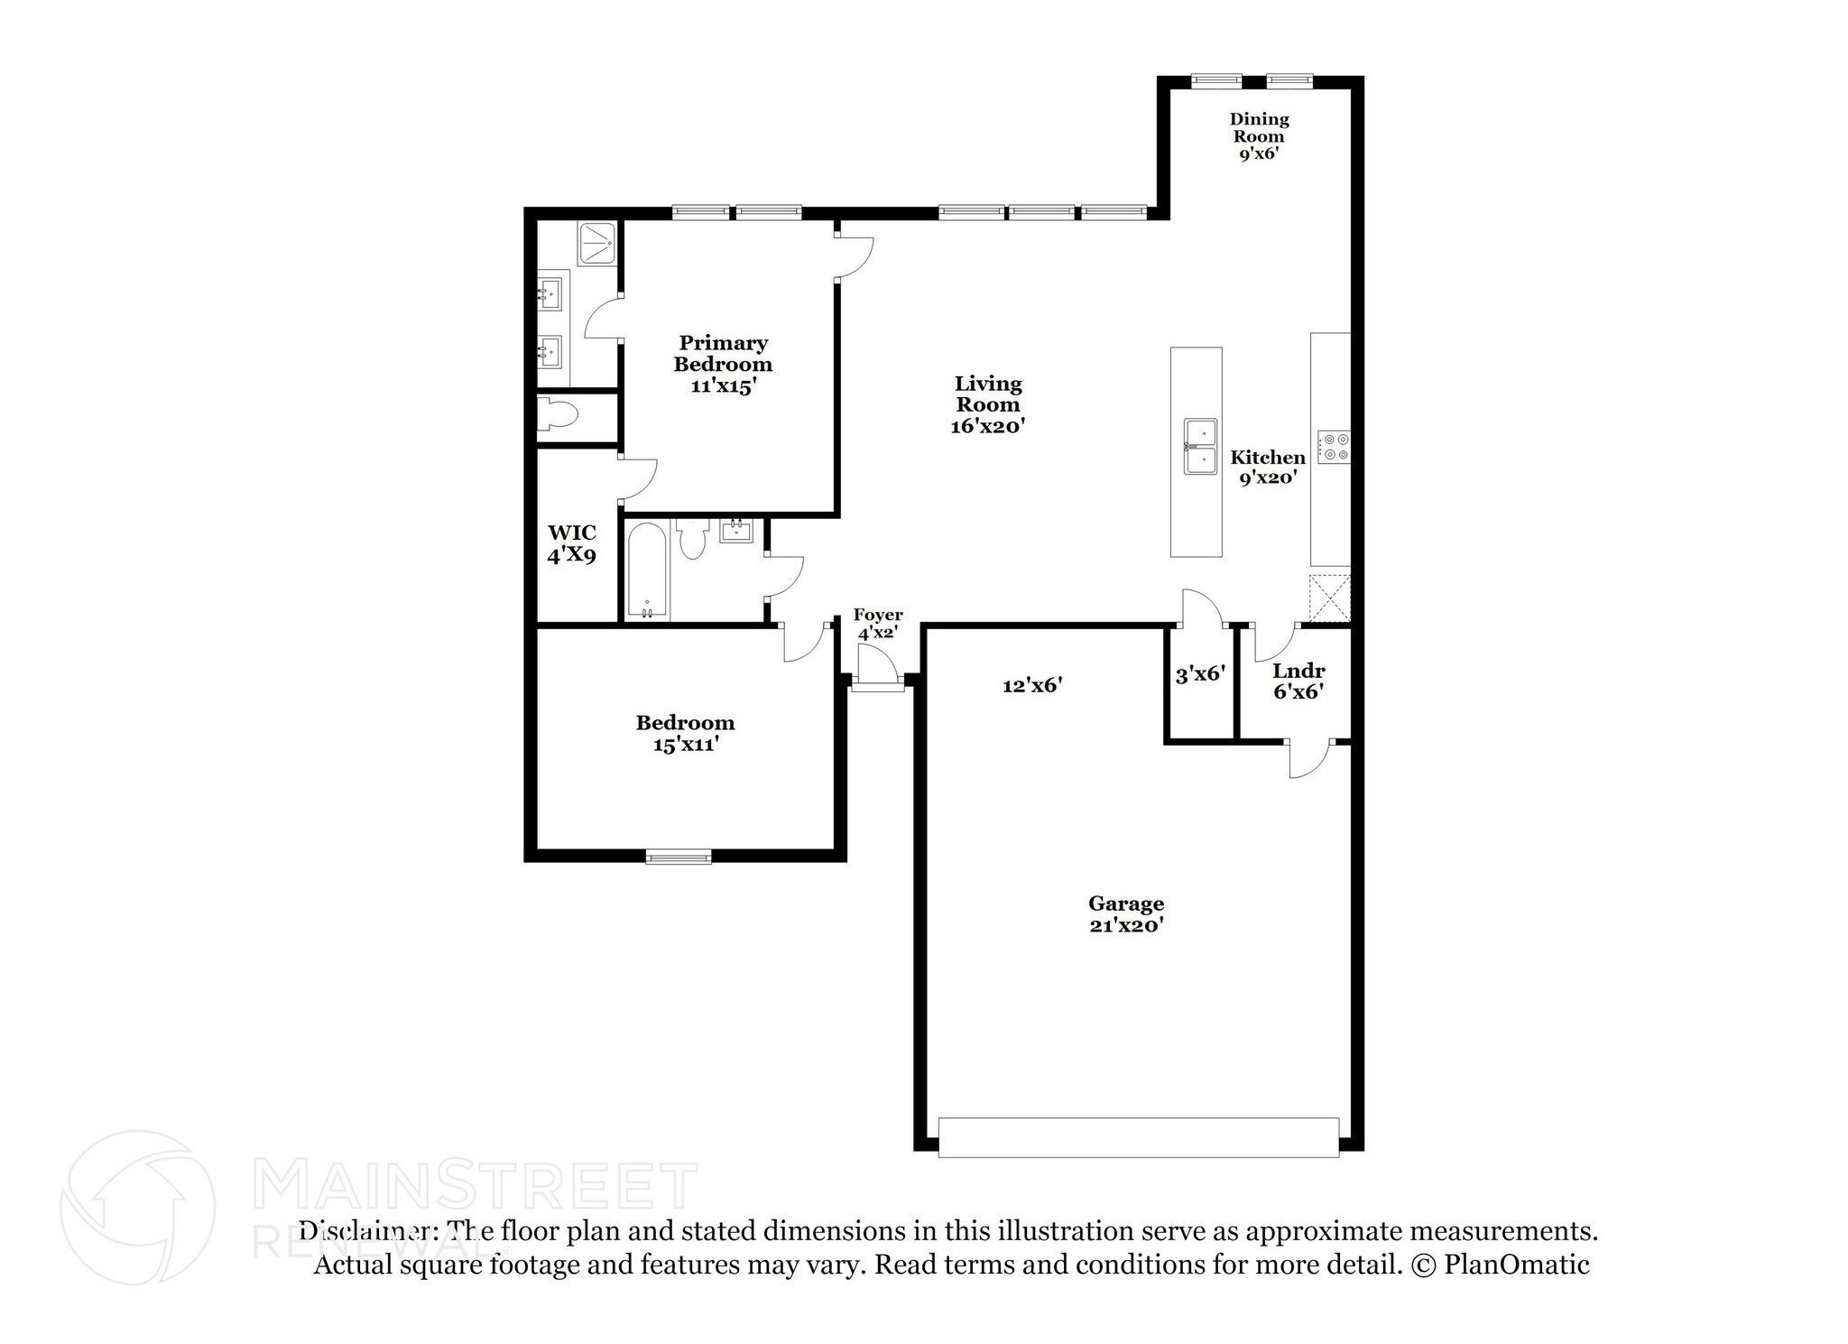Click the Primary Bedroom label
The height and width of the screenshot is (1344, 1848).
pos(723,354)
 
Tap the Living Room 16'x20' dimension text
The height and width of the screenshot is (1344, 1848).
pos(987,427)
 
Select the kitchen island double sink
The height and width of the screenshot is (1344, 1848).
pos(1200,447)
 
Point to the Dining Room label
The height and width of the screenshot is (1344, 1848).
pos(1259,127)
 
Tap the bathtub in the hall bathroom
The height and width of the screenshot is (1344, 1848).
pos(647,570)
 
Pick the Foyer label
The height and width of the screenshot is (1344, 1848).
pos(877,616)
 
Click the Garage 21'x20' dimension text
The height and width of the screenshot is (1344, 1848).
pos(1125,925)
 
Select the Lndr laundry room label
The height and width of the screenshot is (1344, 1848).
pos(1298,672)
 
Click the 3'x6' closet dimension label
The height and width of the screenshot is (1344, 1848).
pos(1199,674)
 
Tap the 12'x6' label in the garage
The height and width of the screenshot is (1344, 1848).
pos(1031,686)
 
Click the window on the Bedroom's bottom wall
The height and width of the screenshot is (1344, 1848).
pos(679,857)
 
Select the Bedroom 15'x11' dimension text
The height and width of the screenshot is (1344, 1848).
pos(685,745)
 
